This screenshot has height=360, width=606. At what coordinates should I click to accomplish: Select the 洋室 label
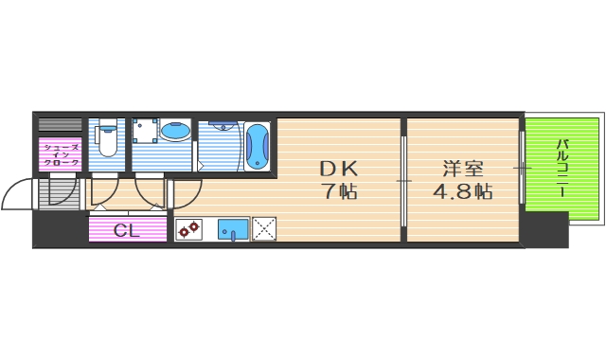coord(463,170)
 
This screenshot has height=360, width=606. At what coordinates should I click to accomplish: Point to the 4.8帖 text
coord(463,192)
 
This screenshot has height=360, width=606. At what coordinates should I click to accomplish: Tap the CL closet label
coord(128,230)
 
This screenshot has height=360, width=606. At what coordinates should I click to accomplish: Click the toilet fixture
coord(107,142)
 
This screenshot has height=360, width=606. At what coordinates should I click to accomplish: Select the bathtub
coord(257,147)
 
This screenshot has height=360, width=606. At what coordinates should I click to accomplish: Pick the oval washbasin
coord(173,132)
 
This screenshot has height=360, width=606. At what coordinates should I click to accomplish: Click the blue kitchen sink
coord(233,229)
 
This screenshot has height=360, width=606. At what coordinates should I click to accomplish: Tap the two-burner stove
coord(188,229)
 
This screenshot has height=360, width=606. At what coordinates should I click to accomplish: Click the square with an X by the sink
coord(262,229)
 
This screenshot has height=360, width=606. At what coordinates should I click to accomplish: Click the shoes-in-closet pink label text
coord(61,154)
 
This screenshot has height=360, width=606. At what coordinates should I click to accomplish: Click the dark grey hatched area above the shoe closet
coord(61,125)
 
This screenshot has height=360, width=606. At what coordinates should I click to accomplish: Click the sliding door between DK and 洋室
coord(404,180)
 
